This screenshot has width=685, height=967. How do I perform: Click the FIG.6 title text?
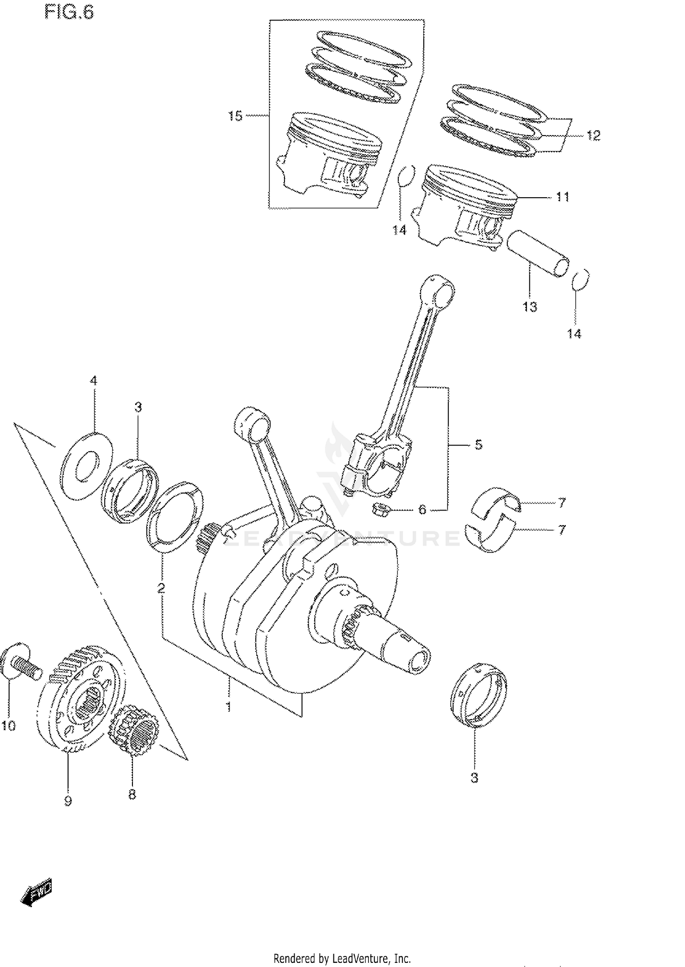[x=69, y=12]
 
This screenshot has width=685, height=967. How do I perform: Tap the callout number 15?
[x=235, y=116]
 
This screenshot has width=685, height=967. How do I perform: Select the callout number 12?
[x=593, y=136]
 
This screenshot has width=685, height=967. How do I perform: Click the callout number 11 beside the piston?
[x=563, y=197]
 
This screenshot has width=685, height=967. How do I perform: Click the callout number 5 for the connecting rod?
[x=478, y=444]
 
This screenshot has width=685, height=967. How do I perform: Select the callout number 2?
[x=161, y=589]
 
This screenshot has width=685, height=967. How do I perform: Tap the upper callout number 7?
[x=562, y=503]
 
